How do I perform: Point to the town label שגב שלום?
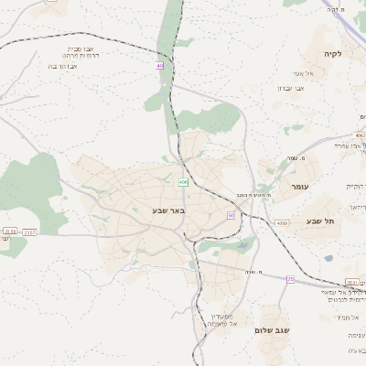tap(272, 330)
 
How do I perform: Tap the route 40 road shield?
tap(159, 65)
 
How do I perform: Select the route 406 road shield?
tap(183, 182)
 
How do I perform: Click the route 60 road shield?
tap(231, 215)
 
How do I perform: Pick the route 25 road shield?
tap(290, 278)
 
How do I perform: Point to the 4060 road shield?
tap(282, 222)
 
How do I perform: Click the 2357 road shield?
tap(29, 232)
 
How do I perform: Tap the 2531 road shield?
tap(352, 282)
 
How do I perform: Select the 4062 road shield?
tap(359, 136)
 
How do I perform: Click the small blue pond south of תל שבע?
tap(328, 258)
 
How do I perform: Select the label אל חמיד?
tap(348, 317)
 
